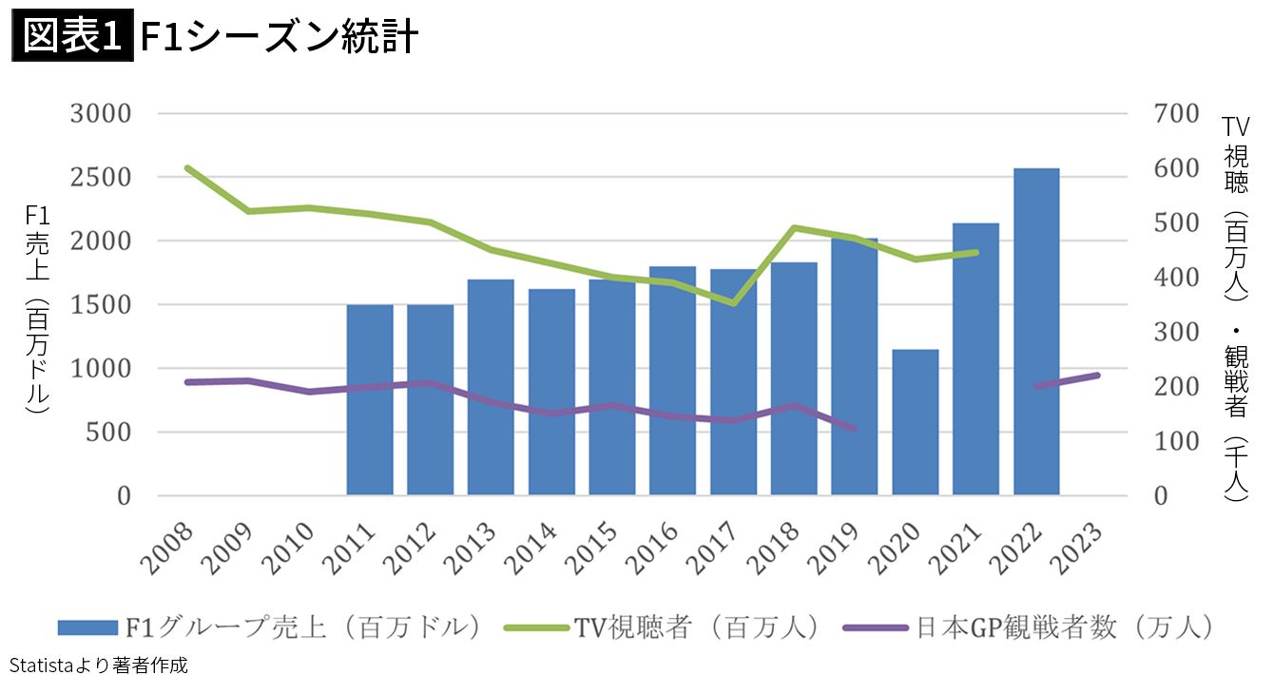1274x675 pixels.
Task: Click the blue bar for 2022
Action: click(x=1036, y=332)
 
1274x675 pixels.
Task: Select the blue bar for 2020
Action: click(x=916, y=422)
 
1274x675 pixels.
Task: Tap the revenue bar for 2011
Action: click(x=370, y=400)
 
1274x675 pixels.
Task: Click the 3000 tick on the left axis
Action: click(x=100, y=114)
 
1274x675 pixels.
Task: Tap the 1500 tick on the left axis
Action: click(x=100, y=305)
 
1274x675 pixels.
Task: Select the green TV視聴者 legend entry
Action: click(x=666, y=627)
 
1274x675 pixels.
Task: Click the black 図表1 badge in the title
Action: click(x=72, y=38)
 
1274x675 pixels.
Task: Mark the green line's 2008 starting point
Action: click(x=188, y=167)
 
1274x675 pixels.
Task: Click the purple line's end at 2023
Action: click(x=1097, y=376)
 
